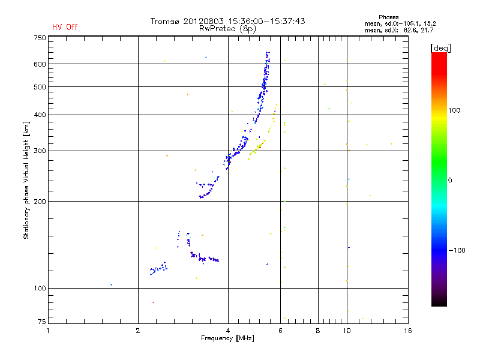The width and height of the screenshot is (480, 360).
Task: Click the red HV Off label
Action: pos(65,27)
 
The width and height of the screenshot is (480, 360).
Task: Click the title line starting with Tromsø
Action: pos(228,21)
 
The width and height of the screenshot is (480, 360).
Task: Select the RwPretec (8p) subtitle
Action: pos(228,28)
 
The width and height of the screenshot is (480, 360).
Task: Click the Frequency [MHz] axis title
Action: pos(228,338)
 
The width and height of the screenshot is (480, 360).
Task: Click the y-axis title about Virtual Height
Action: pos(26,180)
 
